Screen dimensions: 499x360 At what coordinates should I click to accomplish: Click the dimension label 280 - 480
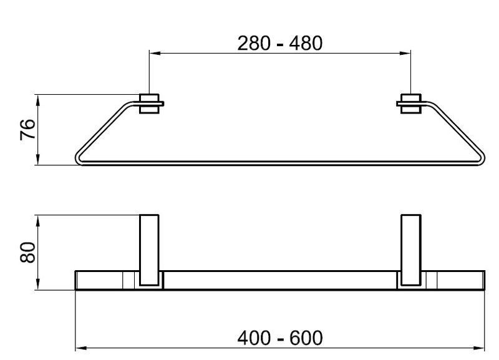279,43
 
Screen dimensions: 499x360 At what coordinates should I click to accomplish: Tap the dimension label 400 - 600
279,338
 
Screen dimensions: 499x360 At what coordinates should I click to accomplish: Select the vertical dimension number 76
27,130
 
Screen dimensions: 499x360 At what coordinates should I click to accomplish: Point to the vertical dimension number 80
27,253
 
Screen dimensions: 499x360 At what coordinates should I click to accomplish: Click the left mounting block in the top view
149,104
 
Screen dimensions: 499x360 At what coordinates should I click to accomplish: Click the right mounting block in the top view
411,104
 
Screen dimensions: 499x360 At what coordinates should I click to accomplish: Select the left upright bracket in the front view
149,250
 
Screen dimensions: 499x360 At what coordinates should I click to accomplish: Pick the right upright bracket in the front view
411,250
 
